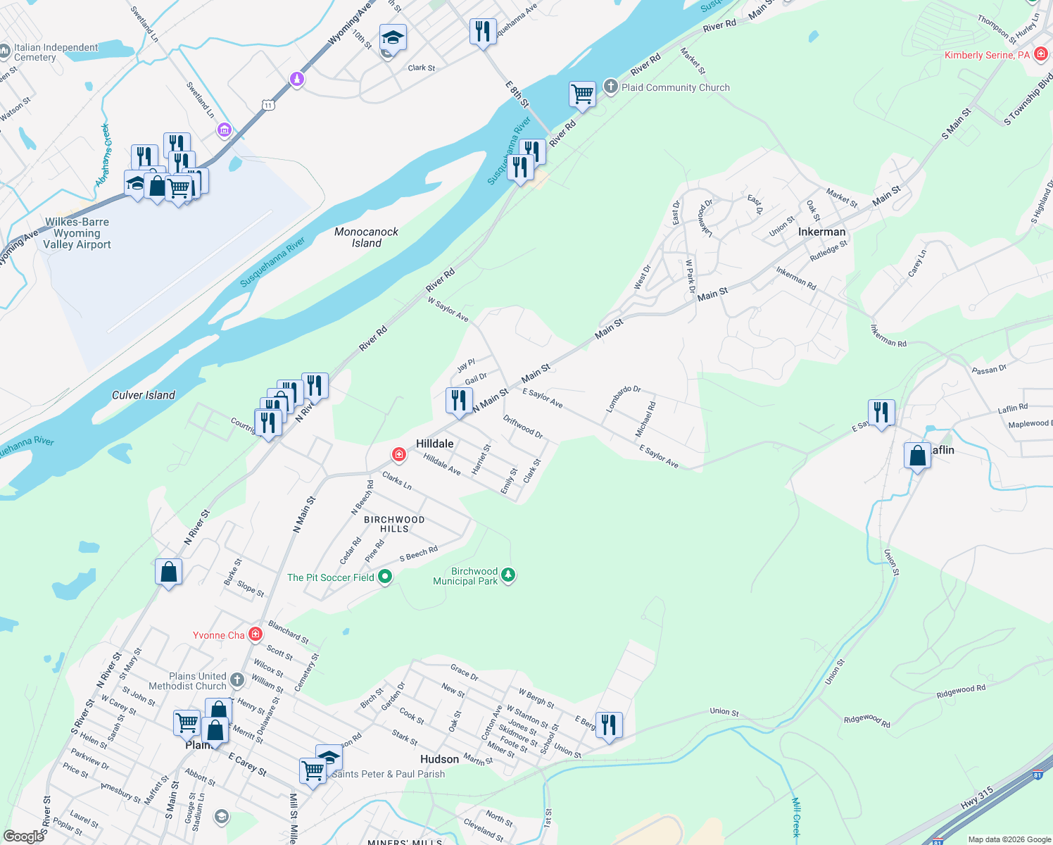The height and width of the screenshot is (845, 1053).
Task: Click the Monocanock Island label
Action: tap(366, 237)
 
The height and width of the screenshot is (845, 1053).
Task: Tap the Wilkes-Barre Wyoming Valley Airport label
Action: tap(77, 233)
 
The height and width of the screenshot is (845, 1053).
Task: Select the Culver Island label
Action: tap(144, 395)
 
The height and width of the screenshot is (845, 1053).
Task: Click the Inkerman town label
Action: tap(821, 232)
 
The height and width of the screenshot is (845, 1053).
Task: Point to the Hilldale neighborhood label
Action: tap(435, 444)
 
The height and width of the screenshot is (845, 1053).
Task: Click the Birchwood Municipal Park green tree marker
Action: tap(507, 576)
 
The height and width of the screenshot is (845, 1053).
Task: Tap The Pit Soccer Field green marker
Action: tap(385, 577)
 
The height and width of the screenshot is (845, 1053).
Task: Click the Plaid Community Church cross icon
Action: tap(610, 87)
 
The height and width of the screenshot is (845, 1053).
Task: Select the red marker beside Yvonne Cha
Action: tap(256, 634)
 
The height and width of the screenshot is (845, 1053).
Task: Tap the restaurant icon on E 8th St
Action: tap(483, 32)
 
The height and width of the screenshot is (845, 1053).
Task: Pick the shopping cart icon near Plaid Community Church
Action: tap(582, 93)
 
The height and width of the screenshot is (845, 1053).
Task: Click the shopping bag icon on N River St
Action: tap(169, 572)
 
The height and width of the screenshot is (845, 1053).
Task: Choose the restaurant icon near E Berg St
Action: tap(609, 725)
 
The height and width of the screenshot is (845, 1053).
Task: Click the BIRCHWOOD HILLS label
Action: tap(394, 524)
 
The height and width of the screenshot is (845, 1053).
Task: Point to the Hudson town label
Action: tap(439, 759)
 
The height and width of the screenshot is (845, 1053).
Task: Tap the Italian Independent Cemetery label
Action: tap(56, 52)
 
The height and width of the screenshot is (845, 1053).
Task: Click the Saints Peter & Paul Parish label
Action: tap(389, 774)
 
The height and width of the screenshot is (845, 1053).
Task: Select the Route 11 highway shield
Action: tap(267, 106)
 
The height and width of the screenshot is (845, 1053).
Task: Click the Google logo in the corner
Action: tap(23, 837)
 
